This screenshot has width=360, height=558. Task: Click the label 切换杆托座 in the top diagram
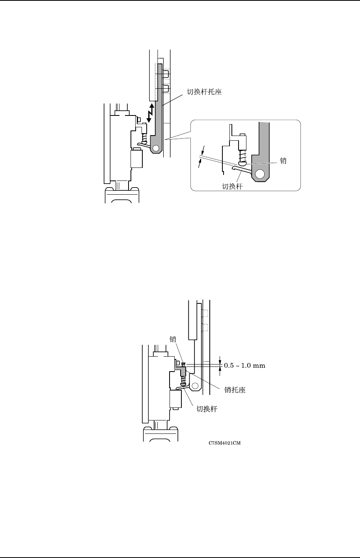tap(204, 92)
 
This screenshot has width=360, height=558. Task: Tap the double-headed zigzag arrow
tap(150, 113)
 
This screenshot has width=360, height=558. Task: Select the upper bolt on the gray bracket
tap(166, 74)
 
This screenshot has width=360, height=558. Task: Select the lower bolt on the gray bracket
tap(166, 88)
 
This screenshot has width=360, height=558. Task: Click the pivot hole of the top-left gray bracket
tap(156, 148)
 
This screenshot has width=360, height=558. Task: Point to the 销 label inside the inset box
tap(283, 161)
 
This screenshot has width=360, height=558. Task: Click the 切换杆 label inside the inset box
tap(232, 186)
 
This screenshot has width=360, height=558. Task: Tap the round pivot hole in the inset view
tap(260, 174)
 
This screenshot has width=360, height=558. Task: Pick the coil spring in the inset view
tap(242, 156)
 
